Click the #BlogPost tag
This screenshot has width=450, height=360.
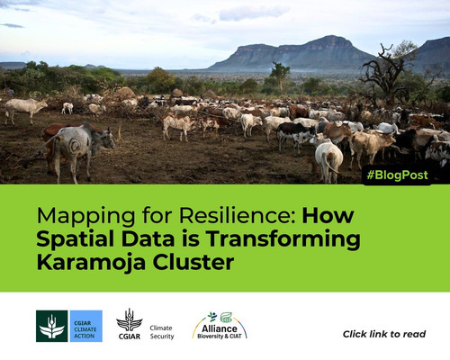[397, 175]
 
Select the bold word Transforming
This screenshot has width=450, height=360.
[283, 240]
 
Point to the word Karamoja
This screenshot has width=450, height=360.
[91, 263]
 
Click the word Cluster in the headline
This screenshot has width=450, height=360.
[193, 262]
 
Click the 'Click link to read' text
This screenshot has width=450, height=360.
[384, 334]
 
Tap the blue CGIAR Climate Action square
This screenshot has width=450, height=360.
[86, 326]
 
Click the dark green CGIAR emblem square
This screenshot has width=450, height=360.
[51, 326]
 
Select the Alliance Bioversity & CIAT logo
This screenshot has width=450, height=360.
[220, 326]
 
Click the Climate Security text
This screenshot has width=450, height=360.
[162, 332]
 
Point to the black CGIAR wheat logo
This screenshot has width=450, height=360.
[130, 324]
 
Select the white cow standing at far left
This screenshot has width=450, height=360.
[24, 110]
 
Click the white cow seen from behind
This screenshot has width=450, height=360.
[328, 160]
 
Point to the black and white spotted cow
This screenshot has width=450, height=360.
[295, 134]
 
